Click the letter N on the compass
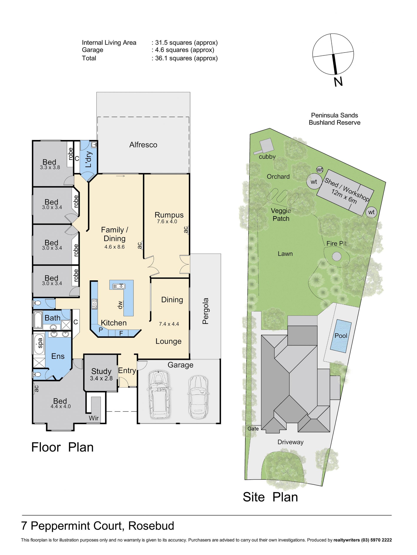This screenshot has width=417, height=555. point(338,82)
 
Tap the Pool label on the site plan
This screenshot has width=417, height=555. point(341,335)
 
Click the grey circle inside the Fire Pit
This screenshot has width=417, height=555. point(337,256)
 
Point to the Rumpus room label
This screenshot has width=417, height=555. point(169,215)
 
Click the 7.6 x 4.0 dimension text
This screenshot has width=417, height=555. point(167,221)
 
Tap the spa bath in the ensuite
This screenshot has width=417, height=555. point(39,344)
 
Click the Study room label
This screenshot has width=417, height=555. point(101,371)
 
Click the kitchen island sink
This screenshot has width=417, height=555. point(119,286)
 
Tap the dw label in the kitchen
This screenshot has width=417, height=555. point(120,305)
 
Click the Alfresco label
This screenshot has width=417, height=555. point(143,145)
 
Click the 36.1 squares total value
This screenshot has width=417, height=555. point(186,58)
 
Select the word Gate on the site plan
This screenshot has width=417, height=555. point(253,429)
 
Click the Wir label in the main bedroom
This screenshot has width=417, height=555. point(94,418)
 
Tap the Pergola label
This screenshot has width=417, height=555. point(205,311)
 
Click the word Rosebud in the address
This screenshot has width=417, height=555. point(151,526)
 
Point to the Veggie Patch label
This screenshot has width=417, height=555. point(281,215)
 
